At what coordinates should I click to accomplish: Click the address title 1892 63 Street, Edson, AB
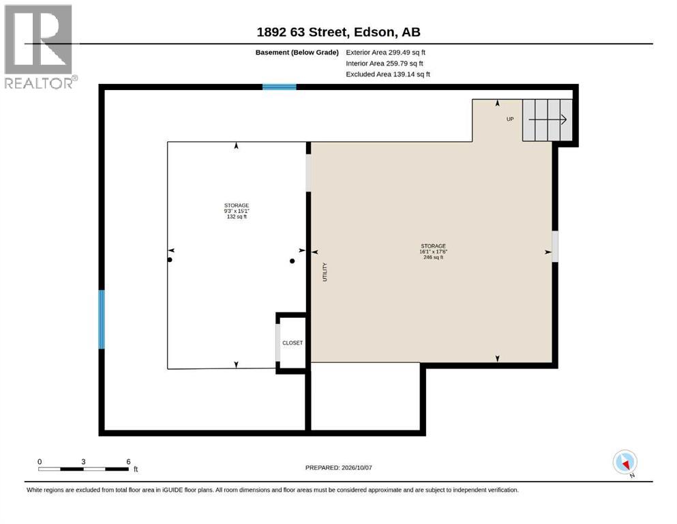tap(338, 32)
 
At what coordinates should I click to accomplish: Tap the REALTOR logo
tap(40, 46)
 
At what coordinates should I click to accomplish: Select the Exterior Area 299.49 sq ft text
tap(386, 53)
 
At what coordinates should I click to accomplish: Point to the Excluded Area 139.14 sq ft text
tap(388, 74)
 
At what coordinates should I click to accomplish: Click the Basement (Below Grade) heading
tap(297, 53)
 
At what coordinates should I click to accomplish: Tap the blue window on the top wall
tap(280, 87)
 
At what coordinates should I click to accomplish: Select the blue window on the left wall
tap(102, 319)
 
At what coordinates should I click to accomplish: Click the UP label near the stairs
tap(510, 119)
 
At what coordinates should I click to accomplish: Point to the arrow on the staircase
tap(547, 119)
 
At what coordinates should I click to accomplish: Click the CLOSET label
tap(292, 343)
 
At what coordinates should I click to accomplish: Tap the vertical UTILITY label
tap(325, 272)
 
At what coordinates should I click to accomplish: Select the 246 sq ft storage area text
tap(433, 257)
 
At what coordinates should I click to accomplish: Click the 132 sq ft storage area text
tap(237, 217)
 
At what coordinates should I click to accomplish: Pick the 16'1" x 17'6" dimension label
tap(433, 252)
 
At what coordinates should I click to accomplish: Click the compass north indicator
tap(625, 463)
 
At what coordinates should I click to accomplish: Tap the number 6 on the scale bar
tap(128, 462)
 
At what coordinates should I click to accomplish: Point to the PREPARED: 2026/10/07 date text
tap(338, 468)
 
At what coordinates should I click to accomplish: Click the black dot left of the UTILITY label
tap(292, 261)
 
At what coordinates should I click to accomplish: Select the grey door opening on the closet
tap(277, 342)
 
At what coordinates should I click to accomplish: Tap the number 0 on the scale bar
tap(40, 462)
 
